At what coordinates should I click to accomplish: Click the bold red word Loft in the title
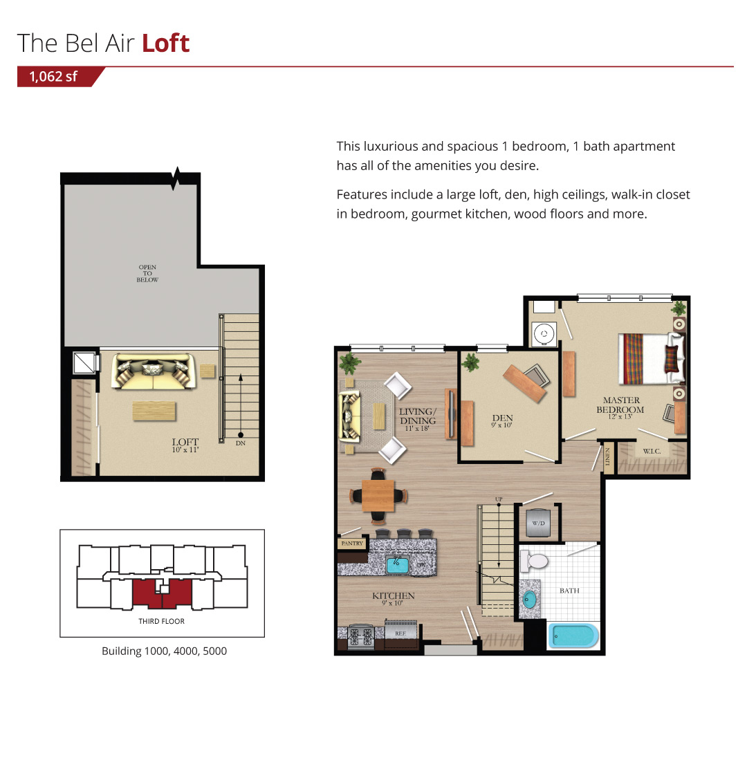165,43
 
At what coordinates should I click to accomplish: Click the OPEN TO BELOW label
147,273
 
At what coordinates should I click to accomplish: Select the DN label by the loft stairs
241,443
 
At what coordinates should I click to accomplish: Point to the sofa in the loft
154,371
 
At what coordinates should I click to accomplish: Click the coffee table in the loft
154,411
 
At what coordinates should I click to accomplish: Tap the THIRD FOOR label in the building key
161,621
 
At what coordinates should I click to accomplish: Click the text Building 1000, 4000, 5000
165,651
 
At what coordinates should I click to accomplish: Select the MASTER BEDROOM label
620,405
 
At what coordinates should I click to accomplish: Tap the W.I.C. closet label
652,451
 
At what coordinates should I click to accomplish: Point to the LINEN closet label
607,457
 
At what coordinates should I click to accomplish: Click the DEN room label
502,418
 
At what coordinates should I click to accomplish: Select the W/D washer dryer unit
539,523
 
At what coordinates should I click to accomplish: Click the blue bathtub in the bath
573,636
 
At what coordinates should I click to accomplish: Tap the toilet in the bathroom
533,561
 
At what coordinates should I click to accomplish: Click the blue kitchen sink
398,565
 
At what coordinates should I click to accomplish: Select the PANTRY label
352,544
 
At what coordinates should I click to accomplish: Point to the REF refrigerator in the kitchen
401,633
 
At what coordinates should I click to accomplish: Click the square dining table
378,495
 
